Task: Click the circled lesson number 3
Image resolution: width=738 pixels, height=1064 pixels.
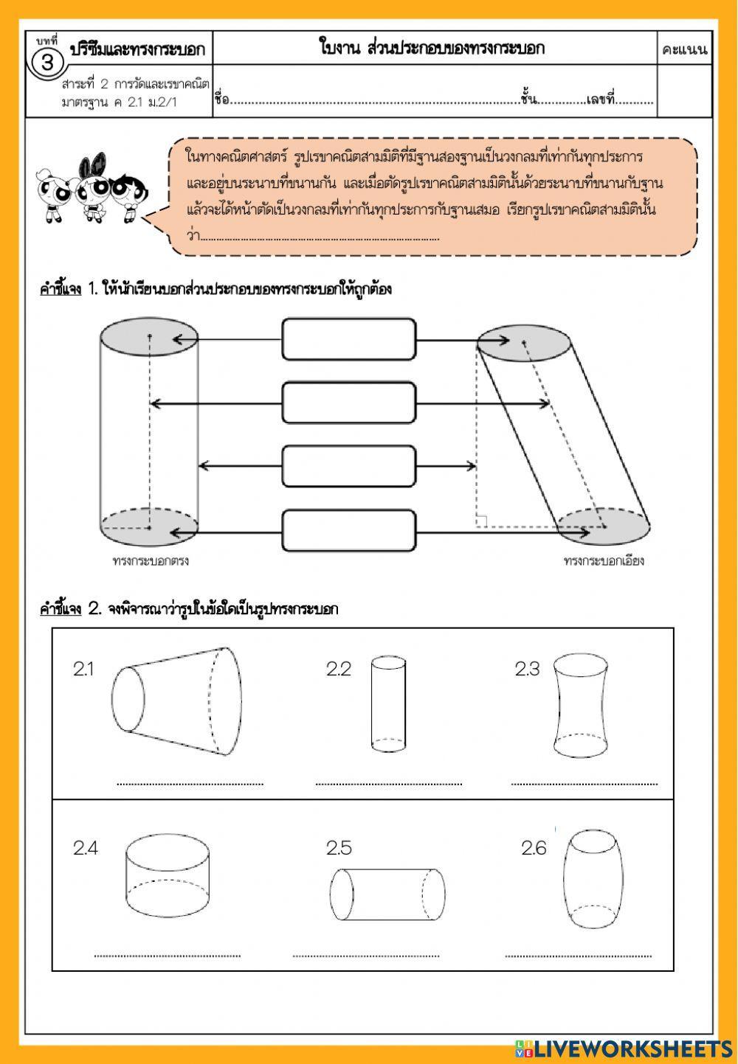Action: pos(48,62)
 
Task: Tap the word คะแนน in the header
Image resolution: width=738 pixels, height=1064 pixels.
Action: pos(684,50)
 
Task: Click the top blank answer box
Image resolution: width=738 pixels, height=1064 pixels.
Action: pos(349,339)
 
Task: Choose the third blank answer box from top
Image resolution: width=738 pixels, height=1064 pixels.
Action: pos(349,467)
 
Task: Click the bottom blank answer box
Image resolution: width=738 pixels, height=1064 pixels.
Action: pos(349,531)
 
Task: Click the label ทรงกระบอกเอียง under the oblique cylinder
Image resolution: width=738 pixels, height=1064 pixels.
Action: pos(603,560)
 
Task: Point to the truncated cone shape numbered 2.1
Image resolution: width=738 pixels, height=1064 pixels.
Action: pos(176,700)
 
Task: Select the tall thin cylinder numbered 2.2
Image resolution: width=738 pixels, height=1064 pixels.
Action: pos(388,703)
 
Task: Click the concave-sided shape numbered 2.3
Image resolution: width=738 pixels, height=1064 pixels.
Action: pos(582,706)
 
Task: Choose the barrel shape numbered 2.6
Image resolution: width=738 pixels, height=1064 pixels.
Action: pos(595,879)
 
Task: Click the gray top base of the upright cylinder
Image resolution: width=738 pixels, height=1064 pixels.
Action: pos(149,337)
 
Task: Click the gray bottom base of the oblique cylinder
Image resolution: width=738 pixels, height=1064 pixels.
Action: pos(604,526)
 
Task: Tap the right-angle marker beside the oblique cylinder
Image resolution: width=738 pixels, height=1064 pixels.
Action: pos(481,521)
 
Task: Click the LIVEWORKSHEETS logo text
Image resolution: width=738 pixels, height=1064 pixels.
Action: pos(631,1049)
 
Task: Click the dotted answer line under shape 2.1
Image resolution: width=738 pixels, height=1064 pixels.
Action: pos(190,784)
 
